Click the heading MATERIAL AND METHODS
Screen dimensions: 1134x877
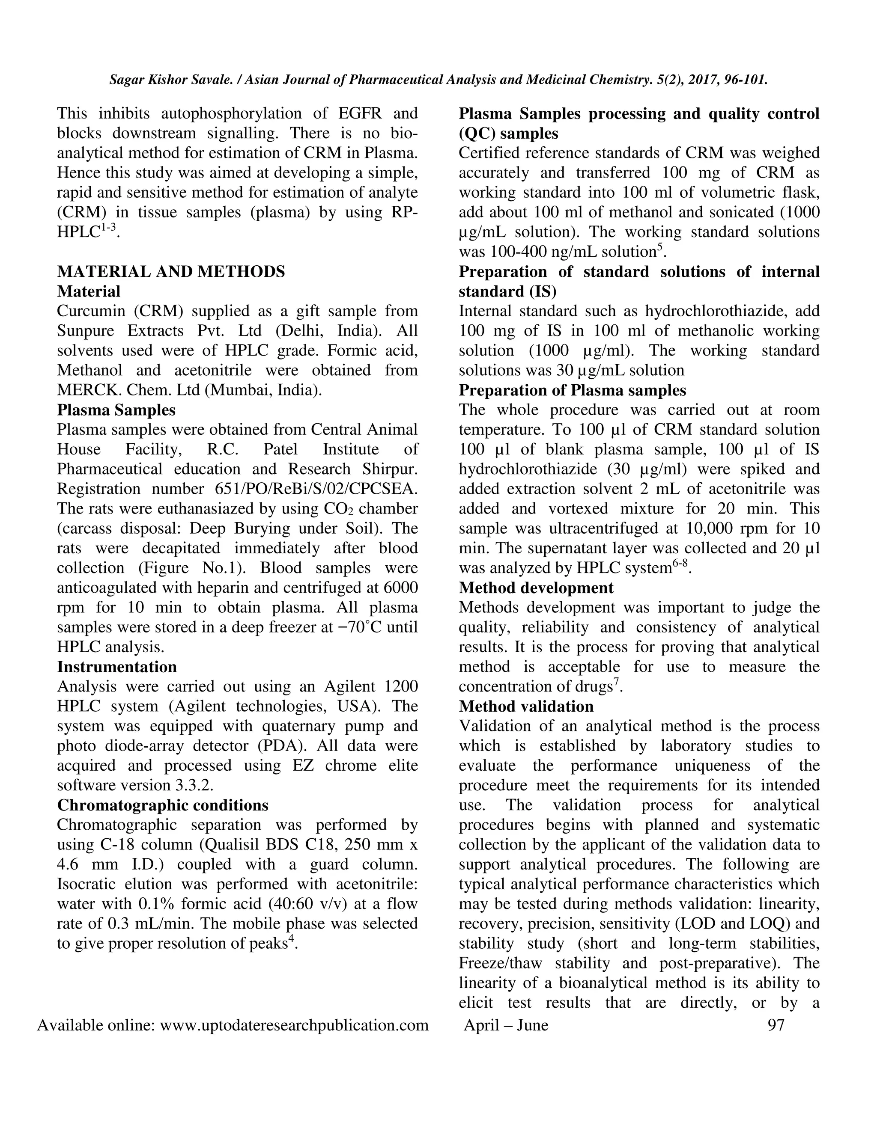[x=171, y=272]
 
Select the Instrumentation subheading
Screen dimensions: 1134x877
[x=117, y=667]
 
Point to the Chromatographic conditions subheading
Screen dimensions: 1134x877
[x=163, y=805]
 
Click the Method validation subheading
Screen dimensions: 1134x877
[x=526, y=706]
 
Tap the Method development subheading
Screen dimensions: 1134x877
[x=536, y=588]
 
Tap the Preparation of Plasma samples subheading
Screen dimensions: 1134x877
[x=572, y=390]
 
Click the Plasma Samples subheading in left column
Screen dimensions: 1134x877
[x=116, y=410]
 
